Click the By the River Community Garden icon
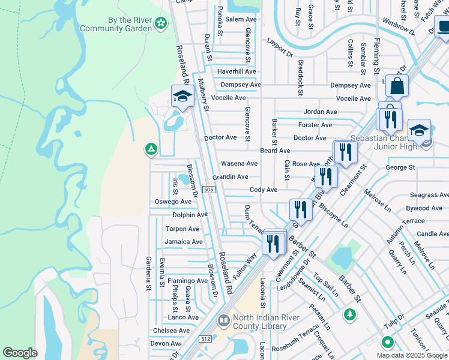tap(160, 23)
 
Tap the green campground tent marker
tap(151, 149)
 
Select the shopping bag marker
tap(397, 86)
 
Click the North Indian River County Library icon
tap(223, 321)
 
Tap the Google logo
tap(20, 353)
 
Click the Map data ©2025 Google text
tap(412, 355)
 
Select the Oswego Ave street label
tap(173, 202)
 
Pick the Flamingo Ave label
tap(187, 281)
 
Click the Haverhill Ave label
tap(237, 71)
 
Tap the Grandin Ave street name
tap(230, 177)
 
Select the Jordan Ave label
tap(320, 112)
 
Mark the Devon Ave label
tap(166, 343)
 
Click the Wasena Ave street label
tap(239, 163)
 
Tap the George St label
tap(400, 167)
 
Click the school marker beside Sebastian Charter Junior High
tap(419, 130)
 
